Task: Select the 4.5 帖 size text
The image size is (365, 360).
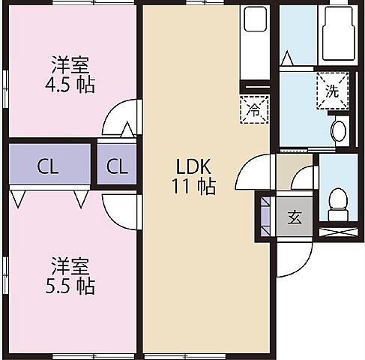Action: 73,85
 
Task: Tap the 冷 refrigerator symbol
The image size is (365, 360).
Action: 252,108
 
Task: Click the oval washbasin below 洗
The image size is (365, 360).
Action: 338,131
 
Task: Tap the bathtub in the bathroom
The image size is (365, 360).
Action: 336,36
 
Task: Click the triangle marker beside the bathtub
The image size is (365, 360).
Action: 287,58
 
